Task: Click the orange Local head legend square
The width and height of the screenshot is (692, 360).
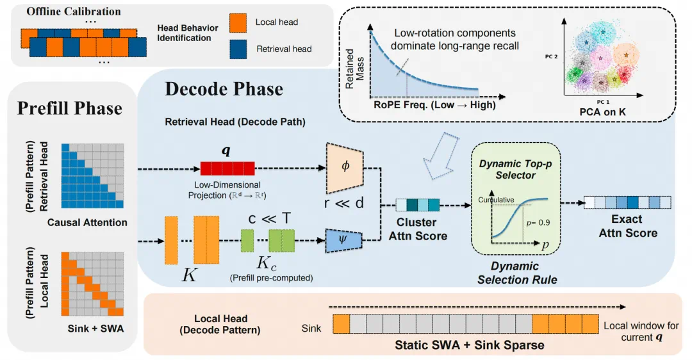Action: [x=238, y=22]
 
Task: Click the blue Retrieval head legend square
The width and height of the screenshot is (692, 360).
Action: [x=238, y=49]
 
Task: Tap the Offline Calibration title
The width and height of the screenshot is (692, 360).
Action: [x=74, y=12]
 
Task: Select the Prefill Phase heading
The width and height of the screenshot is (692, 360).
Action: [x=70, y=108]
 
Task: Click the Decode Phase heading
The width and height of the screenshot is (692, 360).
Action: [x=224, y=89]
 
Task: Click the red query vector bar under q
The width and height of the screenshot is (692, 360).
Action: [x=227, y=168]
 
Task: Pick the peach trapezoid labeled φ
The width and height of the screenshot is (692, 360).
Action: [x=345, y=168]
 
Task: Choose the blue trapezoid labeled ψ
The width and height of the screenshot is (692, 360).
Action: [x=344, y=240]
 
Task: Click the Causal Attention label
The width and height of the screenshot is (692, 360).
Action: [x=87, y=222]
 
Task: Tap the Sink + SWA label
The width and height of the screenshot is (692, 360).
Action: [x=95, y=329]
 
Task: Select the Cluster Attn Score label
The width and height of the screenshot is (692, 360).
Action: [x=418, y=229]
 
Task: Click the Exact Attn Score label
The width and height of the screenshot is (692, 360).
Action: [x=627, y=226]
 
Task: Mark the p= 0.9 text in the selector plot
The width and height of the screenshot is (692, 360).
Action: [x=538, y=222]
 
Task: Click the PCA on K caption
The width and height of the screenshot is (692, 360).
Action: [x=602, y=112]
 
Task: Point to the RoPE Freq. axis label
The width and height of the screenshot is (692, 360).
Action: [x=434, y=105]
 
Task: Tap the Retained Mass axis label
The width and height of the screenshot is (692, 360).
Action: [x=355, y=69]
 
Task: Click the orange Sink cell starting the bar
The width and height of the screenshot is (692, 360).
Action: [x=341, y=323]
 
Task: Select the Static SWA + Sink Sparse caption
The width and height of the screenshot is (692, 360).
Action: [x=470, y=345]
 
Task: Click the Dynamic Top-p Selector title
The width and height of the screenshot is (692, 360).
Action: [x=515, y=169]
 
